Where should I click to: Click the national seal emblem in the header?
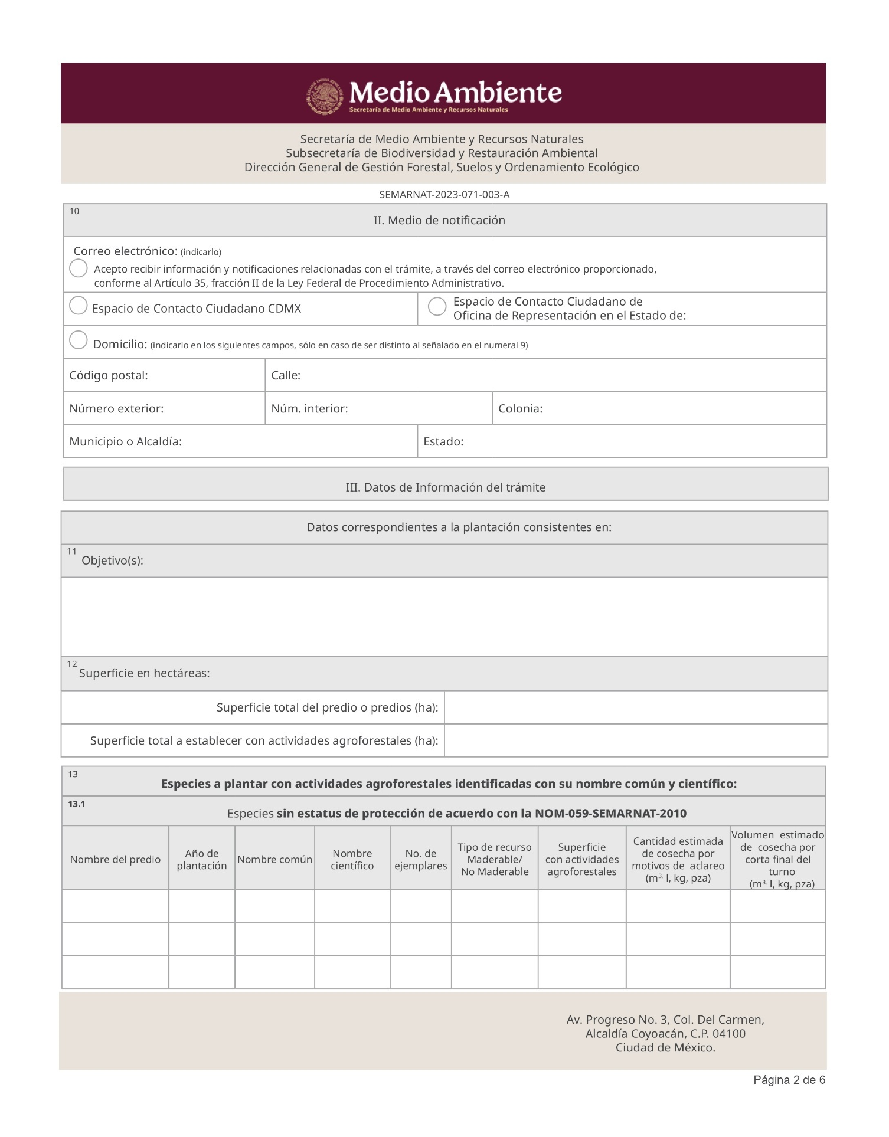coord(324,97)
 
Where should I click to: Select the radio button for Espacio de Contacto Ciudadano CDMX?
coord(79,306)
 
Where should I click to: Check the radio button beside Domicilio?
coord(79,340)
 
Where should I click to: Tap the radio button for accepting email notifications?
coord(79,268)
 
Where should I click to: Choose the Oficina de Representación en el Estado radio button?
coord(437,306)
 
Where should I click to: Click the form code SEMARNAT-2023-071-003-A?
coord(444,195)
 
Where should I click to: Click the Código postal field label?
coord(109,376)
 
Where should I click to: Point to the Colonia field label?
coord(520,409)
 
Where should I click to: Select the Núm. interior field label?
coord(309,409)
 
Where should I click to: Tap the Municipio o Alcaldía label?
coord(125,442)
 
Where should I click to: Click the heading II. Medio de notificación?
coord(439,221)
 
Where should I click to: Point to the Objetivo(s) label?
coord(112,561)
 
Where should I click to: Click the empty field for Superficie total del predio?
coord(635,707)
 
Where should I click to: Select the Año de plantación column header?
coord(202,860)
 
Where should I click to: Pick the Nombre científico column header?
coord(352,860)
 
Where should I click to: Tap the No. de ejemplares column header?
coord(421,860)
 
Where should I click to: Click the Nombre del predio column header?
coord(115,860)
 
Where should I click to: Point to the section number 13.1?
coord(77,804)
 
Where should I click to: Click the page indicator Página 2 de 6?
coord(789,1080)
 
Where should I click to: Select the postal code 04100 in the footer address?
coord(729,1034)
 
